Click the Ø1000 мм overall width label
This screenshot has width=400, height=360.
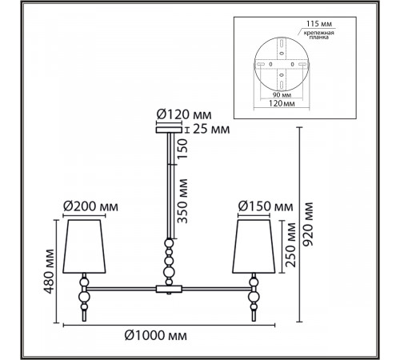tap(156, 335)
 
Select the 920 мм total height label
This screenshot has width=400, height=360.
tap(309, 224)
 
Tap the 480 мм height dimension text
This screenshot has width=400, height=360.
tap(50, 271)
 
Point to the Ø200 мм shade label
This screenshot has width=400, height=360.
tap(90, 206)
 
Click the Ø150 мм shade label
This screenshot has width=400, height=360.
tap(266, 206)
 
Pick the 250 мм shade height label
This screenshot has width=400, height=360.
tap(290, 245)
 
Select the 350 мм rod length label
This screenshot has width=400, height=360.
tap(182, 201)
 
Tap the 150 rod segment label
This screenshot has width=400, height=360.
tap(182, 149)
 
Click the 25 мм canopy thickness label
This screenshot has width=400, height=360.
tap(211, 130)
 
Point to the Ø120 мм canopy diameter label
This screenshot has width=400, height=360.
tap(184, 114)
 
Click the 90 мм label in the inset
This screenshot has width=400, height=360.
tap(282, 94)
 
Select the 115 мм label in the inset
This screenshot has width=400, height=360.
tap(319, 24)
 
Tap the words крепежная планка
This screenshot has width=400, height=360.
tap(319, 35)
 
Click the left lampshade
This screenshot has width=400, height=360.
tap(84, 246)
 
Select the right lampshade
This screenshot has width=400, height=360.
tap(254, 246)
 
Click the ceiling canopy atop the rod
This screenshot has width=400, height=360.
tap(169, 130)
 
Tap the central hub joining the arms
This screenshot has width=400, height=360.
tap(169, 289)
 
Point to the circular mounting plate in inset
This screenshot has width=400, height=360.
tap(282, 64)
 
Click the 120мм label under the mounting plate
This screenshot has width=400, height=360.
tap(282, 103)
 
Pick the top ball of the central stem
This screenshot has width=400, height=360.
tap(169, 243)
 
